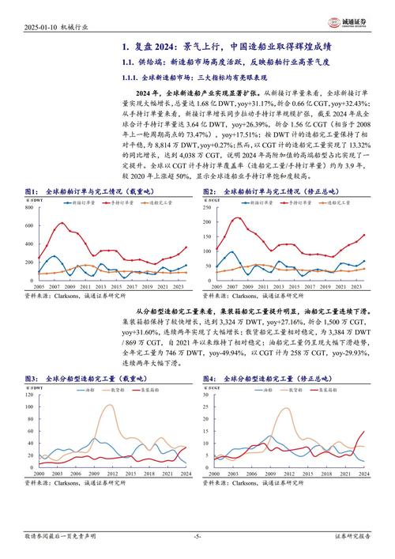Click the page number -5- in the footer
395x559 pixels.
[x=197, y=536]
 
